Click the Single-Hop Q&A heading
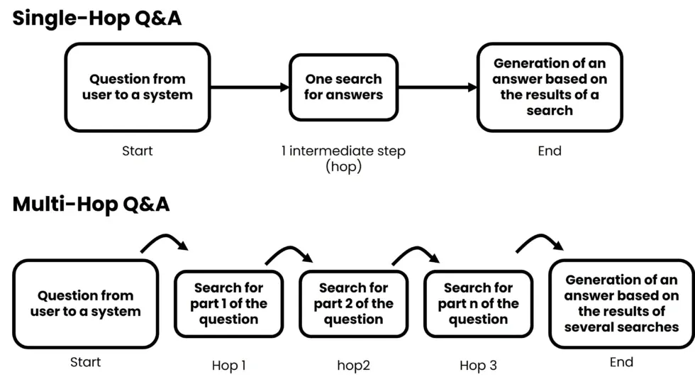tap(97, 18)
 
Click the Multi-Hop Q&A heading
tap(91, 204)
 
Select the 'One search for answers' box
tap(343, 87)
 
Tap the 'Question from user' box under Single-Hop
tap(138, 87)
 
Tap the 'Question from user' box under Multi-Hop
tap(86, 303)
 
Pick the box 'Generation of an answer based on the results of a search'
tap(550, 87)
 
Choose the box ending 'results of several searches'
tap(621, 303)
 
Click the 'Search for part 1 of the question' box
tap(228, 303)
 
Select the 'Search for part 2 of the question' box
tap(353, 303)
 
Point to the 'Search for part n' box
tap(478, 303)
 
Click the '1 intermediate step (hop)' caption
tap(343, 159)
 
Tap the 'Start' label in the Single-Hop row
tap(138, 151)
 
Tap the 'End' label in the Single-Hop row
tap(550, 151)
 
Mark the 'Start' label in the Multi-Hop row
tap(86, 362)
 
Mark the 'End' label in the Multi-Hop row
tap(621, 362)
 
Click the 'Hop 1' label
tap(229, 366)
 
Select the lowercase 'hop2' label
tap(353, 366)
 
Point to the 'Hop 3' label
tap(478, 366)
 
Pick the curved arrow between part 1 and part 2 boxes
tap(289, 253)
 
